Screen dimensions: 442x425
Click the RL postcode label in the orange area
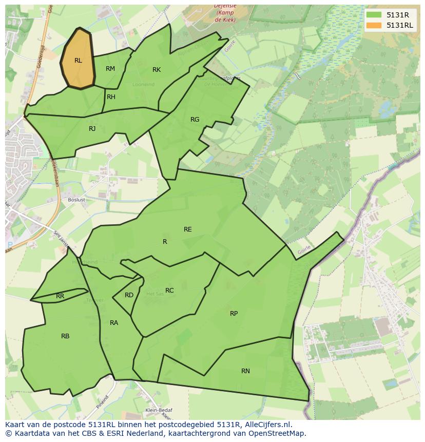[x=78, y=61]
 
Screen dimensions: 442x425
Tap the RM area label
[x=110, y=69]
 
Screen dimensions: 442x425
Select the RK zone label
[x=157, y=70]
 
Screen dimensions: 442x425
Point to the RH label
[x=111, y=97]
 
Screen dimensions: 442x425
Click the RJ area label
[x=92, y=129]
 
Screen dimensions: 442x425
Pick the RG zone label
[x=195, y=120]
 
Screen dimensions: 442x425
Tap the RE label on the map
[x=188, y=229]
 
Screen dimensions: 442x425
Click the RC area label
[x=169, y=291]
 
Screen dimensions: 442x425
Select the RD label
[x=129, y=295]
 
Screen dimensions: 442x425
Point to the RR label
[x=60, y=296]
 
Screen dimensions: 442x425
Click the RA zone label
[x=114, y=323]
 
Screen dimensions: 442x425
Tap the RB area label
[x=65, y=336]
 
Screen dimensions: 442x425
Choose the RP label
[x=234, y=314]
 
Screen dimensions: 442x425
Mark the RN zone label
[x=245, y=371]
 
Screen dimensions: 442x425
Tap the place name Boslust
[x=76, y=199]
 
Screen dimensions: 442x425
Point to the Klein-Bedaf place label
[x=159, y=410]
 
